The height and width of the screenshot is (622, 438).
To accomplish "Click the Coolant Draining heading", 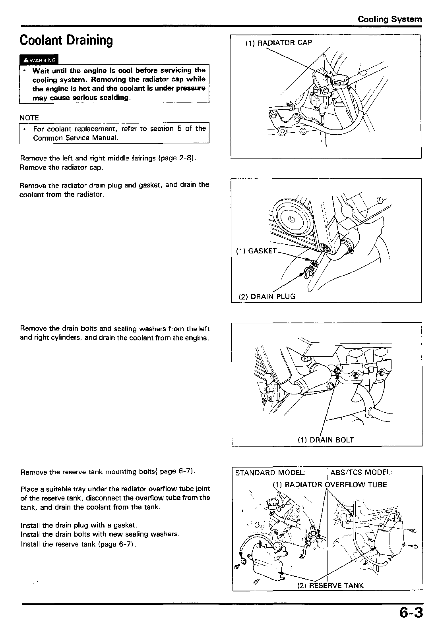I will click(x=66, y=40).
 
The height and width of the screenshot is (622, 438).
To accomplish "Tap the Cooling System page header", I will click(x=390, y=19).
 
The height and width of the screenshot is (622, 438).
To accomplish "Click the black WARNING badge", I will click(x=39, y=60).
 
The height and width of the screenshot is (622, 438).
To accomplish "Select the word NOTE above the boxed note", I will click(x=29, y=118).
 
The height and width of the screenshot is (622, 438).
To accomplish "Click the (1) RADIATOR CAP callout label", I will click(x=278, y=43).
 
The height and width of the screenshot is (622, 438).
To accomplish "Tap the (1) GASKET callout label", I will click(x=256, y=251).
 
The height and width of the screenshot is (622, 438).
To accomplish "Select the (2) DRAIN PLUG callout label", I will click(x=267, y=296).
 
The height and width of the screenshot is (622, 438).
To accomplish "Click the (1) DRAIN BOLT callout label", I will click(x=326, y=440).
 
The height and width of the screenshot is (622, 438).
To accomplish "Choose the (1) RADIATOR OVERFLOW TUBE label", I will click(x=329, y=485).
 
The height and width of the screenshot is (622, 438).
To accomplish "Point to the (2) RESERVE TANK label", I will click(x=330, y=585).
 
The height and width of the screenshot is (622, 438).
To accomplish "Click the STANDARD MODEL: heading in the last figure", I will click(x=271, y=473).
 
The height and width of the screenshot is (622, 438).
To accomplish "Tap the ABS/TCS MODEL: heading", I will click(x=361, y=472).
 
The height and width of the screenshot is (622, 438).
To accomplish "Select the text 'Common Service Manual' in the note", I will click(x=76, y=138).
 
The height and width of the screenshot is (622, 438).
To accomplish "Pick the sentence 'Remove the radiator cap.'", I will click(x=62, y=167).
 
